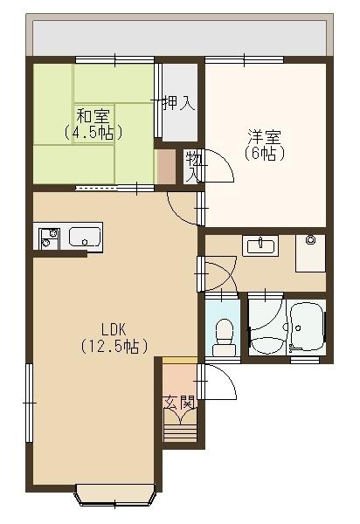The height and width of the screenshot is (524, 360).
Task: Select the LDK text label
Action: (x=114, y=329)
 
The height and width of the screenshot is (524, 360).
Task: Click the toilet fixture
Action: (x=225, y=335)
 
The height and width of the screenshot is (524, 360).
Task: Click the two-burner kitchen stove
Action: (x=47, y=236)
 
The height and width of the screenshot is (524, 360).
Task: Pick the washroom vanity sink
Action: (x=260, y=245)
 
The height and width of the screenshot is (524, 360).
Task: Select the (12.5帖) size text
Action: (x=114, y=346)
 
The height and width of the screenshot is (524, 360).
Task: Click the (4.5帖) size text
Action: (x=91, y=133)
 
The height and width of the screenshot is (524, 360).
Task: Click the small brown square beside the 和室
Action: (x=166, y=165)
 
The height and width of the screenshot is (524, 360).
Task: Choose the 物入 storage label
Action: (x=191, y=166)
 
